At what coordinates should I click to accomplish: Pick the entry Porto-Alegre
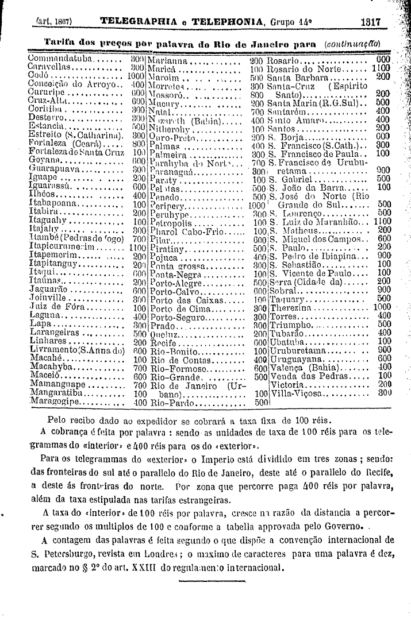pyautogui.click(x=175, y=282)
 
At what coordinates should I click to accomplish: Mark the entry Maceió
pyautogui.click(x=46, y=376)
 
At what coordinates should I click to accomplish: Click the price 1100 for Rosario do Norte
pyautogui.click(x=381, y=68)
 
